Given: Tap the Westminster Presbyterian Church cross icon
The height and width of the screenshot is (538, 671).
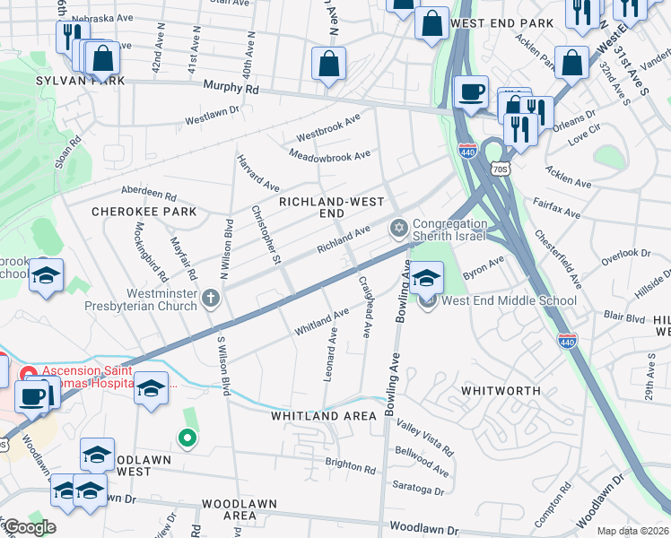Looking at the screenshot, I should coord(211,299).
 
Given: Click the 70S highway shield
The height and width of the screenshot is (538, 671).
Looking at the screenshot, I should coord(500,168).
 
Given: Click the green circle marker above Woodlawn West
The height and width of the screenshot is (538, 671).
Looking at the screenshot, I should coord(187,438).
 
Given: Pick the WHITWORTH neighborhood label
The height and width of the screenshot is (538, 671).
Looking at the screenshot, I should coord(501,391).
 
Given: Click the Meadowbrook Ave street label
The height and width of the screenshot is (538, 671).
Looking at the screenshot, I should coord(330,155).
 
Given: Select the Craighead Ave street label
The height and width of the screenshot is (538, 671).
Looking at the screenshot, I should coord(365,306).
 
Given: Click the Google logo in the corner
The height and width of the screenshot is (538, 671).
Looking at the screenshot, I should coord(29,527).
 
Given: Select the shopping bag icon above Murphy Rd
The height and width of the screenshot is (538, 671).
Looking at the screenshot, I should coord(328,64).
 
